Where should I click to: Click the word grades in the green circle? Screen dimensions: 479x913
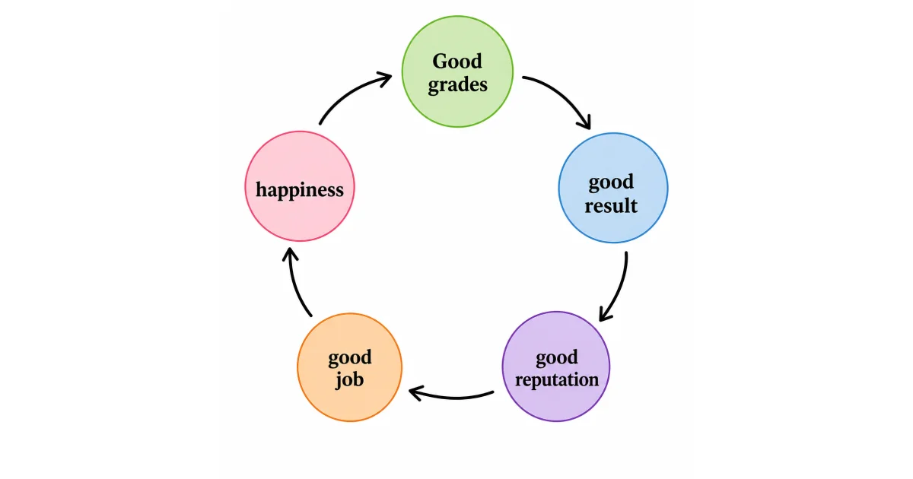click(x=457, y=84)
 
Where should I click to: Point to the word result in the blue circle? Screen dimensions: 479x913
click(x=611, y=205)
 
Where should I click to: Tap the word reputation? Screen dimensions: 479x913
click(x=556, y=379)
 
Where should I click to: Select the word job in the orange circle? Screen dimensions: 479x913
click(x=350, y=379)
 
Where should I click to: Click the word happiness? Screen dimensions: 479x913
click(x=300, y=189)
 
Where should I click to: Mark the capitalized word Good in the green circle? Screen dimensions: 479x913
click(x=457, y=61)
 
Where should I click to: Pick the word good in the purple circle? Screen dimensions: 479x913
click(x=556, y=357)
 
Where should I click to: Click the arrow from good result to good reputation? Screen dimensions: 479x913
click(x=620, y=289)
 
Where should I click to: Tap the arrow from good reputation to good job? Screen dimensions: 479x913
click(x=453, y=396)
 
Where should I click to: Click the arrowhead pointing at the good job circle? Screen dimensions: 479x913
click(x=415, y=392)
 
